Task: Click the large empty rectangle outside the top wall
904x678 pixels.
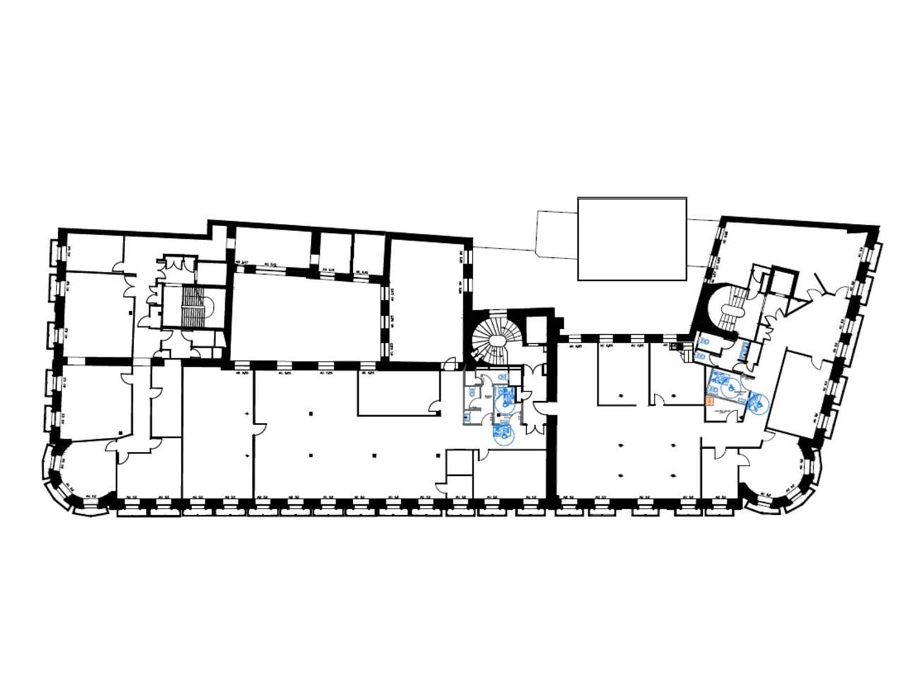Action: [x=632, y=239]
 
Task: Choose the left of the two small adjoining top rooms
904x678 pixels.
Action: [x=335, y=250]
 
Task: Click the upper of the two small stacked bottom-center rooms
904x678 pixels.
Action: [x=459, y=463]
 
